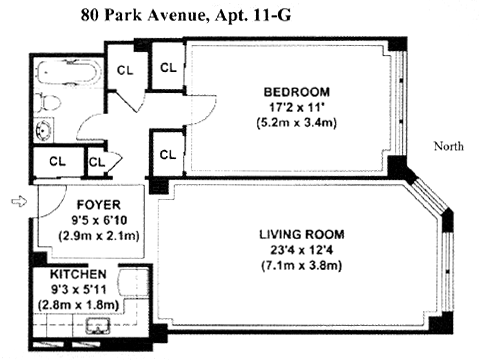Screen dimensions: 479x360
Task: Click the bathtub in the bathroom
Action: click(x=68, y=72)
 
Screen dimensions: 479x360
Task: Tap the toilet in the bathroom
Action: click(x=48, y=102)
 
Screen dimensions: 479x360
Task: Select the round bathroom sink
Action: click(x=44, y=129)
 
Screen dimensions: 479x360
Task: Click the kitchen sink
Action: click(x=98, y=326)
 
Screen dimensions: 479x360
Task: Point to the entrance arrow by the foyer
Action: click(x=19, y=201)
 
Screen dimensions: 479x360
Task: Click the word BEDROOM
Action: click(x=296, y=92)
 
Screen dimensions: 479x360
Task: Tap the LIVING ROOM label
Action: click(x=302, y=234)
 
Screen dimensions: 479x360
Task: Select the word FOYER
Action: click(x=98, y=204)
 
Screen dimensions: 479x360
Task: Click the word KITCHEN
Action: click(x=78, y=274)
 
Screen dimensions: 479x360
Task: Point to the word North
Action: click(x=448, y=146)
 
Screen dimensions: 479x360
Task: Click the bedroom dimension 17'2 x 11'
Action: click(x=296, y=107)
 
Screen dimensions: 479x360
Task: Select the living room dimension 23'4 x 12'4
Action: click(x=302, y=250)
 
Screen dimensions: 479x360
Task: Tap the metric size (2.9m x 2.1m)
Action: click(x=99, y=236)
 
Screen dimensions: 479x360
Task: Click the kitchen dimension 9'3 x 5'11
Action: click(x=78, y=289)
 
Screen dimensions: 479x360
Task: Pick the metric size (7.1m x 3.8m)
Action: click(x=302, y=266)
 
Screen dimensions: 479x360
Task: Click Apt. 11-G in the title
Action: click(x=253, y=15)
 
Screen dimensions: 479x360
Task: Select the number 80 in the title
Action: click(x=90, y=15)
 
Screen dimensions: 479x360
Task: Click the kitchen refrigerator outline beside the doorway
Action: click(x=133, y=282)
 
